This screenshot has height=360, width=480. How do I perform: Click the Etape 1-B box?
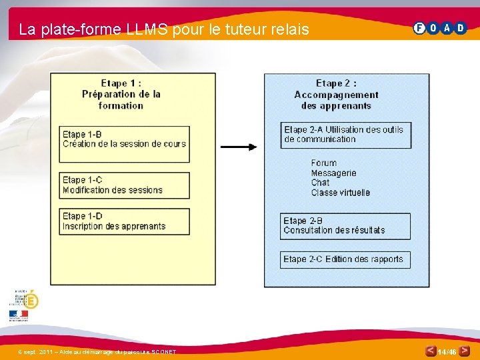[124, 144]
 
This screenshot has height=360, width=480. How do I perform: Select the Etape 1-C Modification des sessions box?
[124, 185]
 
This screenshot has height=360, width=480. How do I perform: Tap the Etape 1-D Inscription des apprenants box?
[124, 221]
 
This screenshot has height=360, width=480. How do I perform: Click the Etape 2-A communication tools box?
[346, 135]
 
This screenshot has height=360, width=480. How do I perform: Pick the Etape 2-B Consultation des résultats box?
[345, 226]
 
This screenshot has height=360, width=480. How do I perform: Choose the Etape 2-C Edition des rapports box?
[345, 259]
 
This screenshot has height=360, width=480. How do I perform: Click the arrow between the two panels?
[239, 147]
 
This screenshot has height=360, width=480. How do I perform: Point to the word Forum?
[324, 163]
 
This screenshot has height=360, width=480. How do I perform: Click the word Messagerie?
[333, 173]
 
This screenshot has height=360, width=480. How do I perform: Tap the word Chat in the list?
[320, 183]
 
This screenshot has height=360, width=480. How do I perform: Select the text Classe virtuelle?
[340, 193]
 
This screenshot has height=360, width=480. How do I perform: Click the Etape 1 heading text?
[121, 94]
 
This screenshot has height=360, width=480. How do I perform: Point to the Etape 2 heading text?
[336, 94]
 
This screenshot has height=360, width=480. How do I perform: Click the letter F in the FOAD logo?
[419, 28]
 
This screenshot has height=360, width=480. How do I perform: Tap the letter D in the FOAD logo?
[461, 28]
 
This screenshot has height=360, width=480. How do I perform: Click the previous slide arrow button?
[431, 351]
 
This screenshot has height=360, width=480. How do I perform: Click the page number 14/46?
[447, 351]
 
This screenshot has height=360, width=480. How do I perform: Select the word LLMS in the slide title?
[146, 29]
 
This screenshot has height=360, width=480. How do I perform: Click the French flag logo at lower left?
[19, 314]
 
